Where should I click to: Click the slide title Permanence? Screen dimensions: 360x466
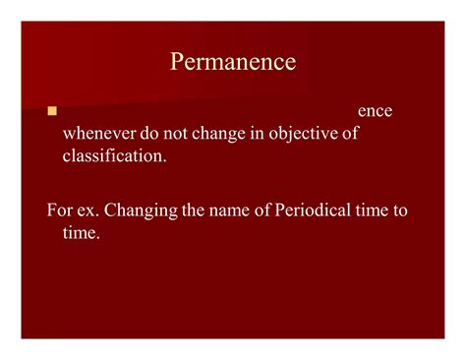[x=233, y=62]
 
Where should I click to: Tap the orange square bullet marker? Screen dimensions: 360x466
[x=52, y=110]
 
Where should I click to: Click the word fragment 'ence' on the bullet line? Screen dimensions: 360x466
[x=375, y=111]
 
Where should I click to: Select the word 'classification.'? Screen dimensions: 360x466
[x=115, y=155]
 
